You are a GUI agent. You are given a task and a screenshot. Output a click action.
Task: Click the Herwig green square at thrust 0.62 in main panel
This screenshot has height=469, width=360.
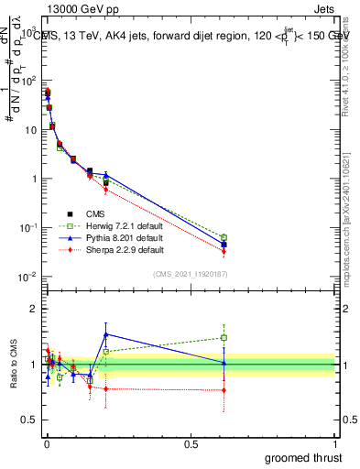[224, 237]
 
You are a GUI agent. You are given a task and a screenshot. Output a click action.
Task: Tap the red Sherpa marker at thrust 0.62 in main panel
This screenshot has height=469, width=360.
[224, 251]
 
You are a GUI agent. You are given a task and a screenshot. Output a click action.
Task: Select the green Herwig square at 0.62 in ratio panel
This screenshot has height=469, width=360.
[224, 337]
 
